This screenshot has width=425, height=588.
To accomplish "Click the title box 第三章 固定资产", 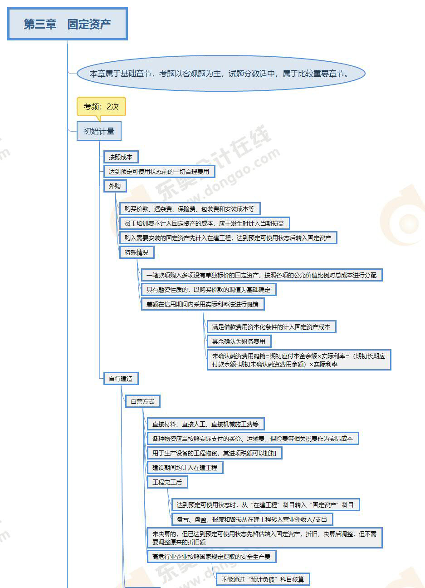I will tap(68, 24).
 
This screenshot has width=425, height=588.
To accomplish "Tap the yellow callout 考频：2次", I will tap(101, 107).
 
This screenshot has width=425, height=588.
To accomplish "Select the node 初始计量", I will tap(99, 131).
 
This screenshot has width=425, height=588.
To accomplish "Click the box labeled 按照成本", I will tap(120, 157).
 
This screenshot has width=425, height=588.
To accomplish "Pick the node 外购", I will tap(115, 186).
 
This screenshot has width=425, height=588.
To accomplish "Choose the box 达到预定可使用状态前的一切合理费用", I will tap(159, 172).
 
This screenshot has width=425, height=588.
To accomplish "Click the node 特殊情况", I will tap(137, 252).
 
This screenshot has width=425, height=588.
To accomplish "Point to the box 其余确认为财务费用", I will tap(239, 341).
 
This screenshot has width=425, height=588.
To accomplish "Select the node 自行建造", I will tap(121, 378).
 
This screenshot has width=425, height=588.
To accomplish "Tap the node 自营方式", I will tap(142, 401).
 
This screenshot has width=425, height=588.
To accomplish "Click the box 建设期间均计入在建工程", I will tap(185, 467).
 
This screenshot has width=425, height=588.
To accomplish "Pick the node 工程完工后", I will tap(167, 482).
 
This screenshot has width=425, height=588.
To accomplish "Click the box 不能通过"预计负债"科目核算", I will tap(263, 579).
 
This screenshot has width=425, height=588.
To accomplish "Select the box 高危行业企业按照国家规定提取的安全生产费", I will tap(211, 556).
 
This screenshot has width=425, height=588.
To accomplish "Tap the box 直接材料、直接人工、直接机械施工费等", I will tap(205, 424).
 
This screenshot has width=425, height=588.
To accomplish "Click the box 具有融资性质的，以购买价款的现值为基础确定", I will tap(208, 289).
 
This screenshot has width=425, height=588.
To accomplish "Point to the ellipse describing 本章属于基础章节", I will tap(221, 74).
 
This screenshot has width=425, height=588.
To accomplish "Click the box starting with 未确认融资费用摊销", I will tap(298, 360).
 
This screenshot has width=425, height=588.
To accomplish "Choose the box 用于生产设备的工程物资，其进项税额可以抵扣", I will tap(214, 453).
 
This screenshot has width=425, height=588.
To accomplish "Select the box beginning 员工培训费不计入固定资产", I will tap(204, 223).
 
